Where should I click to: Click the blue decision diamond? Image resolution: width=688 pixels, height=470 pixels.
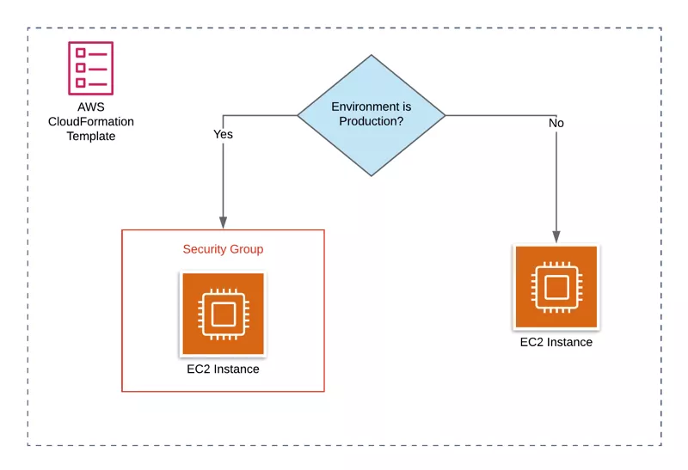(x=372, y=115)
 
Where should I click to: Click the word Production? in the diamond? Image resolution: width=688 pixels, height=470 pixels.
(x=372, y=122)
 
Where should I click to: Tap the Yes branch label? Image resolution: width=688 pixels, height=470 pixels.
(x=223, y=134)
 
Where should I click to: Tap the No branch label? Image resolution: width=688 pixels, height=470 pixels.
(x=556, y=124)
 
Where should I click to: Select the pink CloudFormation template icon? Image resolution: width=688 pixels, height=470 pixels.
(x=90, y=68)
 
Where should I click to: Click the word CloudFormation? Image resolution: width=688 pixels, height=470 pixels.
(x=90, y=121)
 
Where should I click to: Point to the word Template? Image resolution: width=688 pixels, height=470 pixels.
(x=90, y=136)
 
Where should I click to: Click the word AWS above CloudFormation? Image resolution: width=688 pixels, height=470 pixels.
(x=90, y=107)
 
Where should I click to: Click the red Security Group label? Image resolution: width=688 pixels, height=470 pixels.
(x=223, y=249)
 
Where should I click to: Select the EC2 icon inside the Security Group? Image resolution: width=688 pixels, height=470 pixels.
(x=223, y=314)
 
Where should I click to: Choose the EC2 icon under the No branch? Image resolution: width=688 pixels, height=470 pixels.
(x=556, y=288)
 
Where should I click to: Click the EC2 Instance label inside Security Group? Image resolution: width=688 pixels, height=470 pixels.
(x=223, y=369)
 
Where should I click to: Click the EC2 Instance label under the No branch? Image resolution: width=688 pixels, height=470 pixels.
(x=556, y=342)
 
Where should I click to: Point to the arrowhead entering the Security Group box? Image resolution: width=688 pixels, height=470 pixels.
(x=223, y=223)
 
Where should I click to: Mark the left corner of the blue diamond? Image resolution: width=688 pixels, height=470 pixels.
(x=298, y=115)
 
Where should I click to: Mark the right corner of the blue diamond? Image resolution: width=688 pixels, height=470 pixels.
(x=445, y=115)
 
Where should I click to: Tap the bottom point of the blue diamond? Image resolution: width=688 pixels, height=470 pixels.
(x=372, y=175)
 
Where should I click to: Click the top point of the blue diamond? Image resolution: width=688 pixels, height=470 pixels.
(x=372, y=56)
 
